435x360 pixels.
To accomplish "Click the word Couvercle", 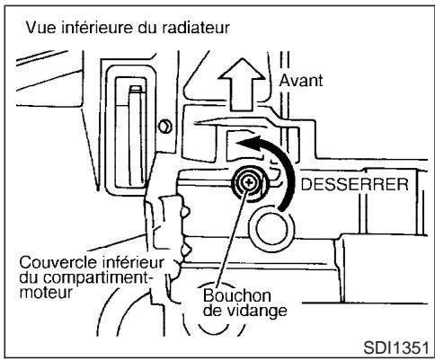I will click(49, 262).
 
